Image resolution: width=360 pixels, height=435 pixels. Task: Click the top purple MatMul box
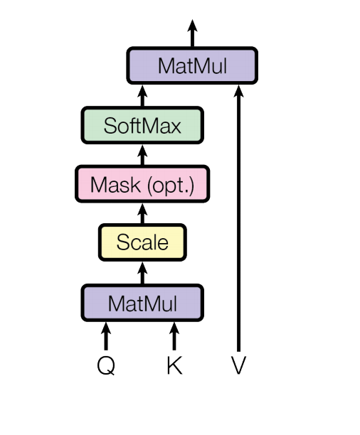pyautogui.click(x=192, y=66)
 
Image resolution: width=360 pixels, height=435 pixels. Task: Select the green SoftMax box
pyautogui.click(x=142, y=126)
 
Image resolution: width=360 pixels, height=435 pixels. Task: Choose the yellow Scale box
pyautogui.click(x=142, y=242)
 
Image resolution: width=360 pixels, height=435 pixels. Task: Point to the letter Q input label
pyautogui.click(x=106, y=365)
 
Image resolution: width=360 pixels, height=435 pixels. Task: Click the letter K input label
pyautogui.click(x=174, y=365)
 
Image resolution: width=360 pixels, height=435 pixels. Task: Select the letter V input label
pyautogui.click(x=238, y=365)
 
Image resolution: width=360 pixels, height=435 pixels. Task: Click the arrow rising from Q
pyautogui.click(x=106, y=336)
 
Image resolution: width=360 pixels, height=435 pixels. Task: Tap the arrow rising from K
pyautogui.click(x=174, y=336)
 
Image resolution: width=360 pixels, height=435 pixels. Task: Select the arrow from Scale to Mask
pyautogui.click(x=142, y=213)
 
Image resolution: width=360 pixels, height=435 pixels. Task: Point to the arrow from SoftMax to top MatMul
pyautogui.click(x=142, y=97)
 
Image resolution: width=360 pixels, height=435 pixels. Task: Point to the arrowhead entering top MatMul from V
pyautogui.click(x=238, y=90)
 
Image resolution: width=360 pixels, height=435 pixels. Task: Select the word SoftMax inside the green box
pyautogui.click(x=142, y=126)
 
